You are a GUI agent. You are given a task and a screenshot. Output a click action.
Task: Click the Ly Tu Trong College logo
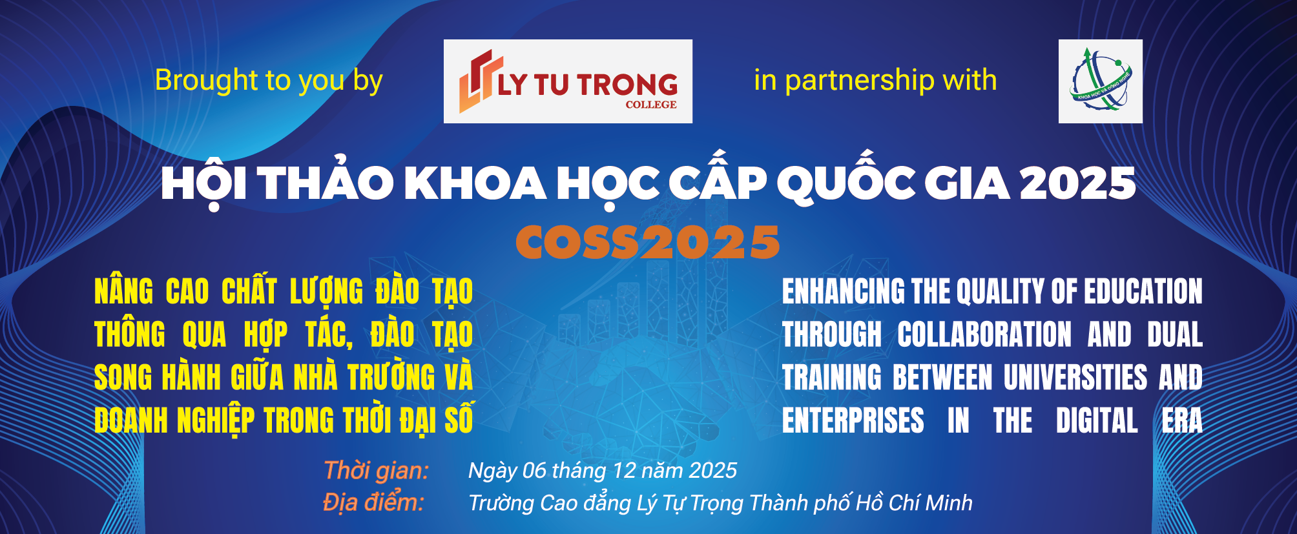click(x=568, y=81)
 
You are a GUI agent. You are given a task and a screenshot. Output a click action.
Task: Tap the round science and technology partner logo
click(x=1101, y=81)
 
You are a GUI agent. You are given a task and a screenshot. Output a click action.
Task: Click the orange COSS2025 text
click(x=648, y=243)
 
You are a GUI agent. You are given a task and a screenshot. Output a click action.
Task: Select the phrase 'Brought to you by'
click(x=269, y=81)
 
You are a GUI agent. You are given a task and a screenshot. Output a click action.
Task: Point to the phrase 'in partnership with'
click(x=875, y=80)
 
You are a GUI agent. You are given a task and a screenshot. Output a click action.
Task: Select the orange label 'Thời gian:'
click(x=376, y=471)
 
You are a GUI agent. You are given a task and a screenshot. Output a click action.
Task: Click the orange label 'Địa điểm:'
click(x=373, y=502)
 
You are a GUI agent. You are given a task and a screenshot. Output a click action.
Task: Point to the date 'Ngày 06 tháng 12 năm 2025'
click(x=603, y=471)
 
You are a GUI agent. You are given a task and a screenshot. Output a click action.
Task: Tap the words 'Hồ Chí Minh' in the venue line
click(x=914, y=502)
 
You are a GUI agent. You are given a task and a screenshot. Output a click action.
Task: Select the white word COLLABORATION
click(x=984, y=334)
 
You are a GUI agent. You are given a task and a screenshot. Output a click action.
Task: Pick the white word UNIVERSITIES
click(x=1075, y=377)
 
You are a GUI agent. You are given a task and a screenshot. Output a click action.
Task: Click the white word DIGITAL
click(x=1097, y=420)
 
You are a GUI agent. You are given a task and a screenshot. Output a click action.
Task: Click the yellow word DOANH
click(x=132, y=420)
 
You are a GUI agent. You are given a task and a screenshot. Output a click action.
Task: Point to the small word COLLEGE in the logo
click(x=651, y=105)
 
